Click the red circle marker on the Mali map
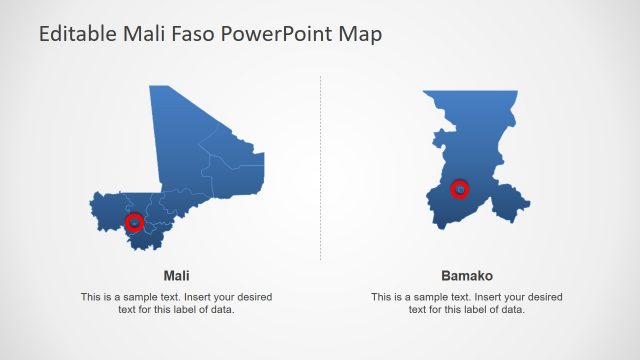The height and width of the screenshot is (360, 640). (x=134, y=221)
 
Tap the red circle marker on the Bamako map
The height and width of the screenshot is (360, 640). (x=460, y=188)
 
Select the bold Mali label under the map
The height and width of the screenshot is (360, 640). (x=176, y=275)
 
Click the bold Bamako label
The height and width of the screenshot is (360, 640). (x=467, y=275)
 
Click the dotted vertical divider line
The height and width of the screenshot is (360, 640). (x=321, y=170)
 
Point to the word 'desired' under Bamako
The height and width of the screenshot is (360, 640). (x=543, y=297)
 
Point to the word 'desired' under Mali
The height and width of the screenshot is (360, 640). (x=252, y=297)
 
